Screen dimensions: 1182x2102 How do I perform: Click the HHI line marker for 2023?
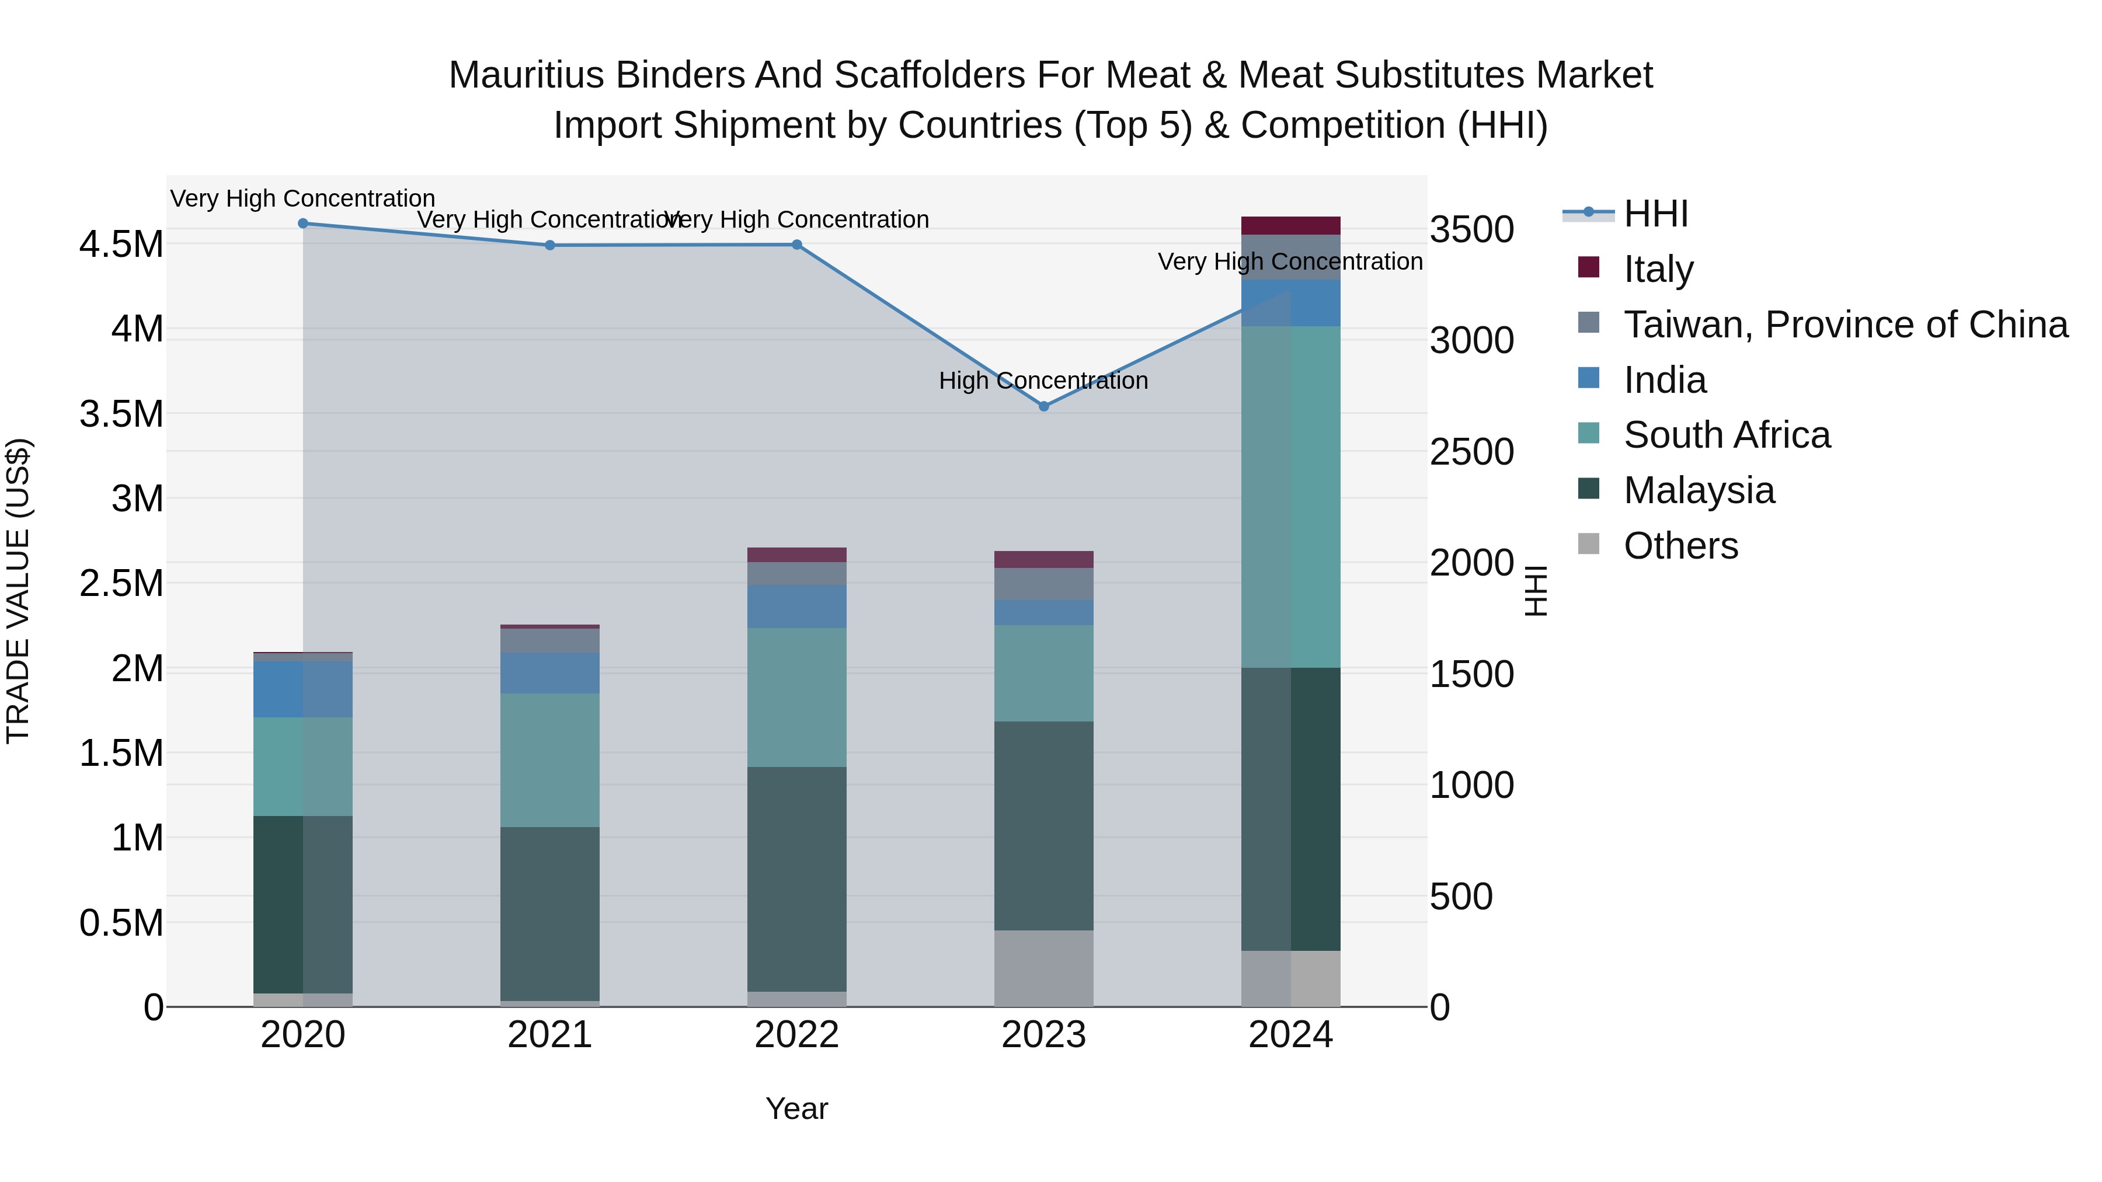(x=1043, y=406)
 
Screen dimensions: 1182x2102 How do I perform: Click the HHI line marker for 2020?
(x=302, y=224)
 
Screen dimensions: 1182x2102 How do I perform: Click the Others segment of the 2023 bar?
(x=1043, y=968)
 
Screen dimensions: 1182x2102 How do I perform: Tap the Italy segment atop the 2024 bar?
(x=1290, y=226)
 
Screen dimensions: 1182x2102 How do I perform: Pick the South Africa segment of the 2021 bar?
(x=549, y=760)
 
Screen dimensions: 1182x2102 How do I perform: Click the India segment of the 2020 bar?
(x=302, y=689)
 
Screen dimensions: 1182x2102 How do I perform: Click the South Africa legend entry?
(x=1727, y=435)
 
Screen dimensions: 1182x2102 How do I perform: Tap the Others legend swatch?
(x=1589, y=544)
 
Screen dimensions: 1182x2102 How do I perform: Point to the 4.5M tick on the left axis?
(x=121, y=245)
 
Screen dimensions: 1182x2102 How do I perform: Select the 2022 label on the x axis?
(x=796, y=1035)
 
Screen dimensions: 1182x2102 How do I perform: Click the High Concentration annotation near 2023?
(x=1043, y=381)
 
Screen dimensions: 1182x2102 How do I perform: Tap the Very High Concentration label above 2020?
(x=302, y=199)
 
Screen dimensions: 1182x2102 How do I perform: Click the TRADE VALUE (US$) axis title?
(x=18, y=591)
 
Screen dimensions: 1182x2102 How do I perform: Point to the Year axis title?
(x=796, y=1108)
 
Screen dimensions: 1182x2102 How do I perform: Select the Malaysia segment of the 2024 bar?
(x=1290, y=808)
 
